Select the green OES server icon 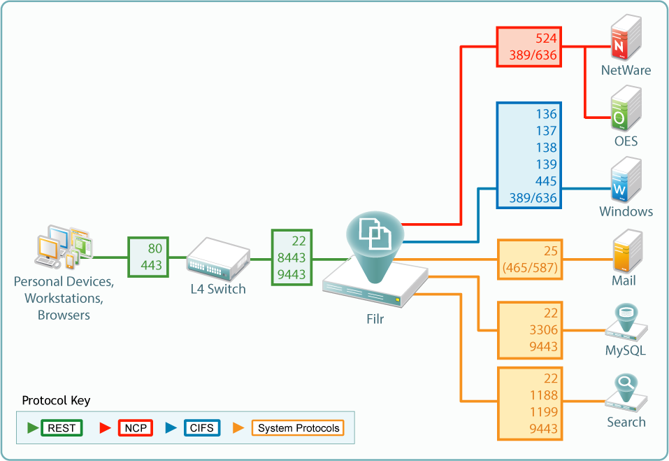[x=626, y=111]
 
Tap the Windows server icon [x=626, y=182]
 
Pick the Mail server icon [x=626, y=252]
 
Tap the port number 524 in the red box [x=546, y=38]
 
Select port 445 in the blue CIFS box [x=546, y=181]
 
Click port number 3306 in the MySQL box [x=543, y=330]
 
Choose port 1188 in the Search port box [x=543, y=395]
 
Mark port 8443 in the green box [x=292, y=257]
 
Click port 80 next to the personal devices [x=155, y=248]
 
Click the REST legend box [x=62, y=428]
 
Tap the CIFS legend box [x=202, y=428]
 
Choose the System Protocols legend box [x=298, y=428]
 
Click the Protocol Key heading [x=56, y=401]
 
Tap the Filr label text [x=374, y=319]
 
